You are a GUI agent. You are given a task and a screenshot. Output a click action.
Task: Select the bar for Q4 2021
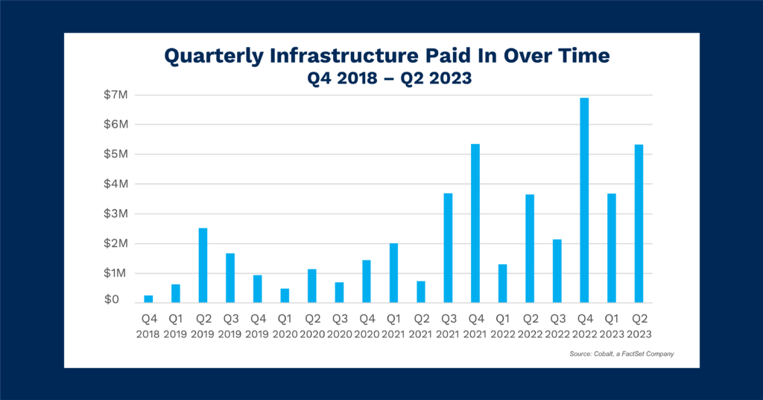click(475, 223)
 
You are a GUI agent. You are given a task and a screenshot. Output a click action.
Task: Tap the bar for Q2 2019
click(203, 265)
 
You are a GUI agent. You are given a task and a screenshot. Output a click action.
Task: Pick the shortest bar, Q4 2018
click(148, 299)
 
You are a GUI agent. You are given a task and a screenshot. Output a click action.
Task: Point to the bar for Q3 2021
click(448, 248)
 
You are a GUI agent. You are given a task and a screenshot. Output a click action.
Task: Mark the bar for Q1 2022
click(502, 284)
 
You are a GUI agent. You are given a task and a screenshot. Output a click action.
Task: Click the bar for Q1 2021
click(393, 272)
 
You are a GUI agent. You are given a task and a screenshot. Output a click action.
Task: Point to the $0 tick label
click(112, 300)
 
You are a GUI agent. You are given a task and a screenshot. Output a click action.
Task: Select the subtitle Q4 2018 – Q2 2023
click(381, 78)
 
